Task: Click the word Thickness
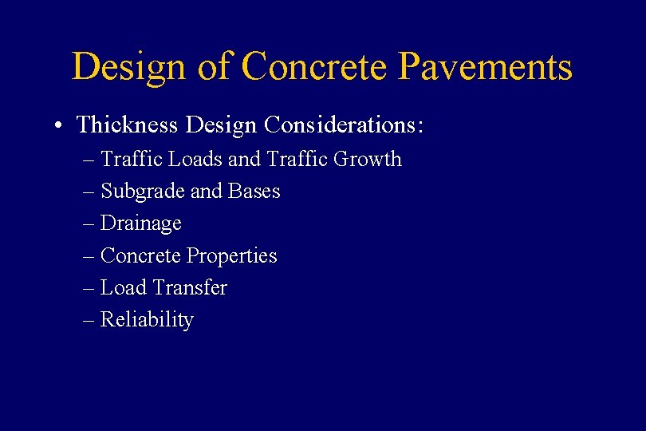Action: (x=126, y=125)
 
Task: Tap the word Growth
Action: (x=367, y=160)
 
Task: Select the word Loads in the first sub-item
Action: (x=195, y=160)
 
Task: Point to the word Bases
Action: (x=254, y=192)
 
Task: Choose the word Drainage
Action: (x=140, y=224)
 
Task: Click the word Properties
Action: (x=231, y=256)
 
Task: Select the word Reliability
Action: (x=147, y=320)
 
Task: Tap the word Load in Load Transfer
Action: (x=124, y=288)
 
